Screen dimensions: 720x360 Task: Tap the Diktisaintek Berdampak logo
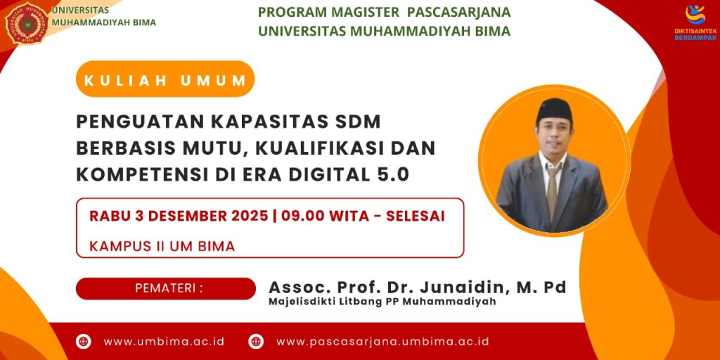[695, 22]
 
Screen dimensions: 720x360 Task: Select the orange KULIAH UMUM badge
[165, 79]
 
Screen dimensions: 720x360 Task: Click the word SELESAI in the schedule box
[415, 217]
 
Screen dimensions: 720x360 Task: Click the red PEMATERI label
[166, 289]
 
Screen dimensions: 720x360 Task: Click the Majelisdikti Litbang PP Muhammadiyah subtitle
[382, 302]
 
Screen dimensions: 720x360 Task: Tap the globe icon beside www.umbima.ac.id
[83, 342]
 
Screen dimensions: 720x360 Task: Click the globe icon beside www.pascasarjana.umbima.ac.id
[256, 342]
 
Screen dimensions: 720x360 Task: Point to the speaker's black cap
[554, 109]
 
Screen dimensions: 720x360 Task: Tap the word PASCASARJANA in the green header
[458, 12]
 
